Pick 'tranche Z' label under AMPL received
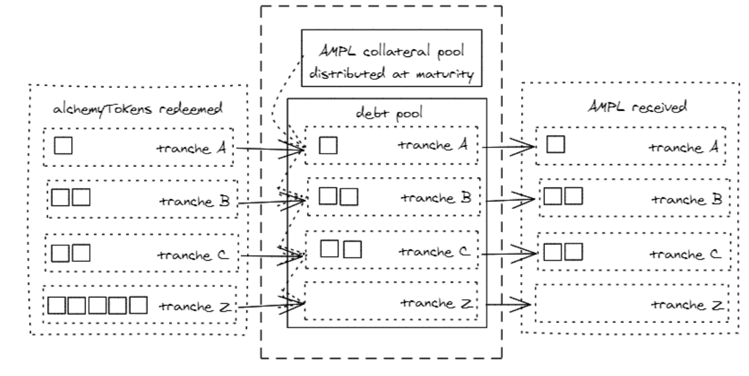(x=687, y=306)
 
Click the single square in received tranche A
(x=556, y=143)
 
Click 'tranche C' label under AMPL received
(x=687, y=254)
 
